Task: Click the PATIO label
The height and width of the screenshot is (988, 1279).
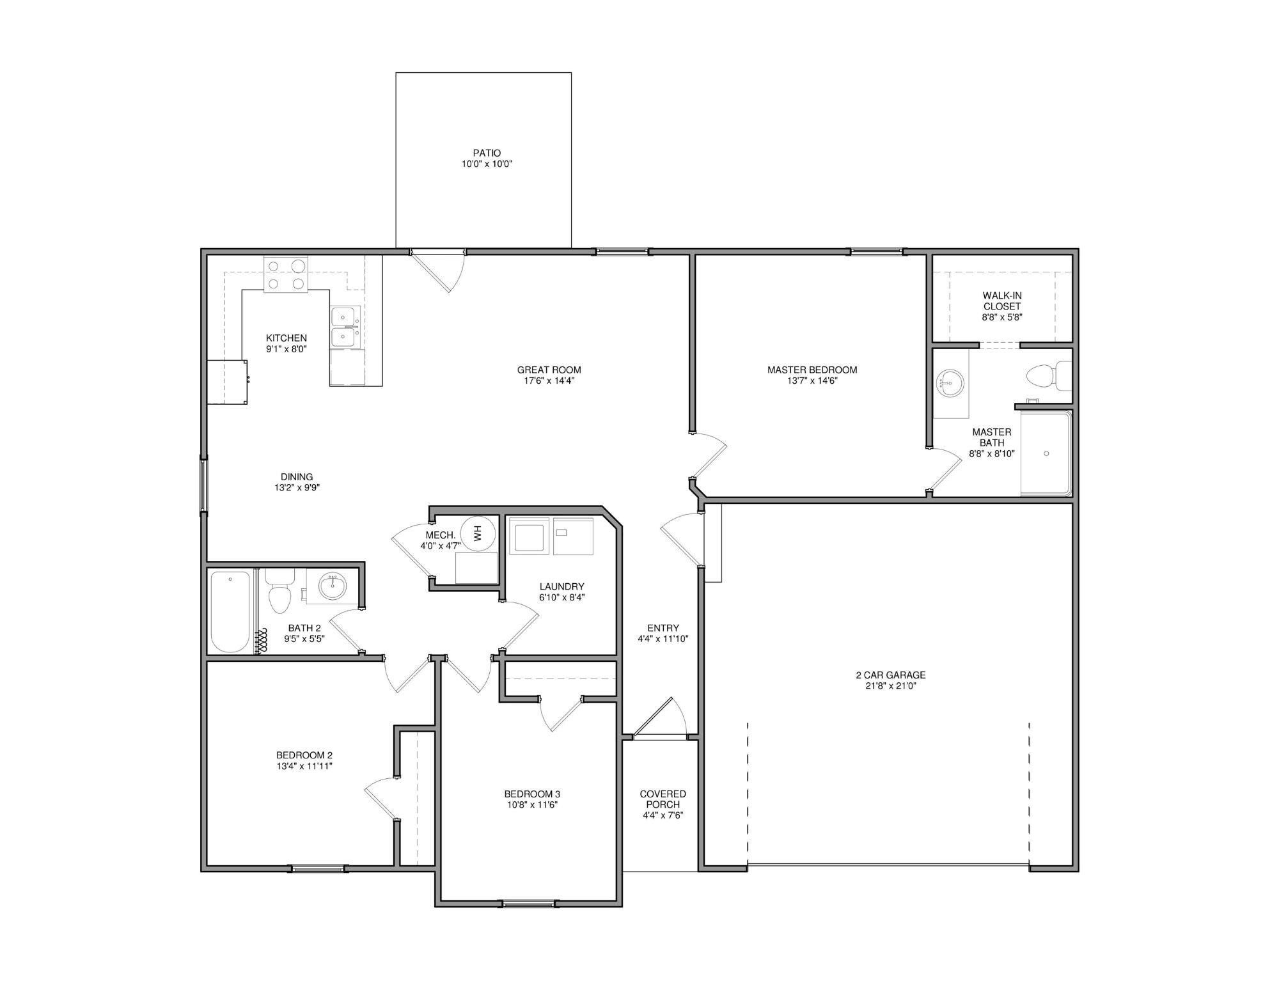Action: click(x=487, y=153)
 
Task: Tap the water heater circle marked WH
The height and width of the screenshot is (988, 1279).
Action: click(x=478, y=532)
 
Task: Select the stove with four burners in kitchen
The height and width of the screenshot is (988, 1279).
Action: click(x=286, y=274)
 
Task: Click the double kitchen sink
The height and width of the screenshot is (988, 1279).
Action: click(x=345, y=326)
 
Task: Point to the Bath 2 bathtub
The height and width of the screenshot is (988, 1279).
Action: click(x=230, y=611)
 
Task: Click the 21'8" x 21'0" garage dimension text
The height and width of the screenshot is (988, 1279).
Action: click(x=891, y=686)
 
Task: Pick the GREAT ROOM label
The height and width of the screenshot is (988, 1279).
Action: click(x=549, y=370)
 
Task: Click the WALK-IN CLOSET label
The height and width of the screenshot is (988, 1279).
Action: click(x=1002, y=301)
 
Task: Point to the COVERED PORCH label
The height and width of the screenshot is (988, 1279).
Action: click(x=663, y=799)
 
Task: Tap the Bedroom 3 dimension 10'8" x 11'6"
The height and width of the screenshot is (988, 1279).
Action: click(x=532, y=805)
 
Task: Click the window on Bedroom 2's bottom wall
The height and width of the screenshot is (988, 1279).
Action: click(x=318, y=868)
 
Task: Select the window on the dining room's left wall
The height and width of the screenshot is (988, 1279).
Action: click(x=204, y=483)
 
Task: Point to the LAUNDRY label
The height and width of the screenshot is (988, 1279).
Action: click(x=561, y=586)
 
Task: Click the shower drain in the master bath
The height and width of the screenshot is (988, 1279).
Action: click(x=1046, y=453)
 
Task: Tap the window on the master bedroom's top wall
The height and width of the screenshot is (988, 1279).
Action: click(x=877, y=251)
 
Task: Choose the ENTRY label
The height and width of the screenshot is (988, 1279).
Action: click(x=663, y=628)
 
